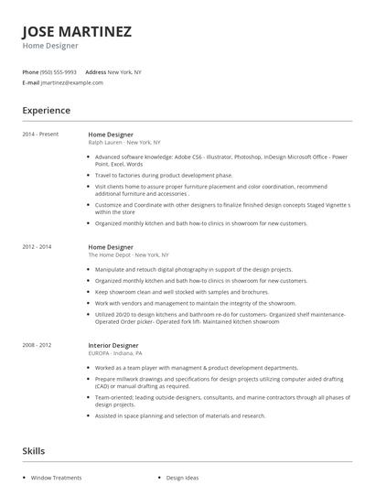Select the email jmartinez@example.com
point(72,82)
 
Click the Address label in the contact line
point(95,71)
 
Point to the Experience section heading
point(46,111)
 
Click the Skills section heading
point(34,451)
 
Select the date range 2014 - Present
point(40,134)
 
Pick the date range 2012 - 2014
point(37,247)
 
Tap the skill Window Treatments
point(57,478)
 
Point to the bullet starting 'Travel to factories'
point(164,174)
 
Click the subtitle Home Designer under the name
point(50,45)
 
